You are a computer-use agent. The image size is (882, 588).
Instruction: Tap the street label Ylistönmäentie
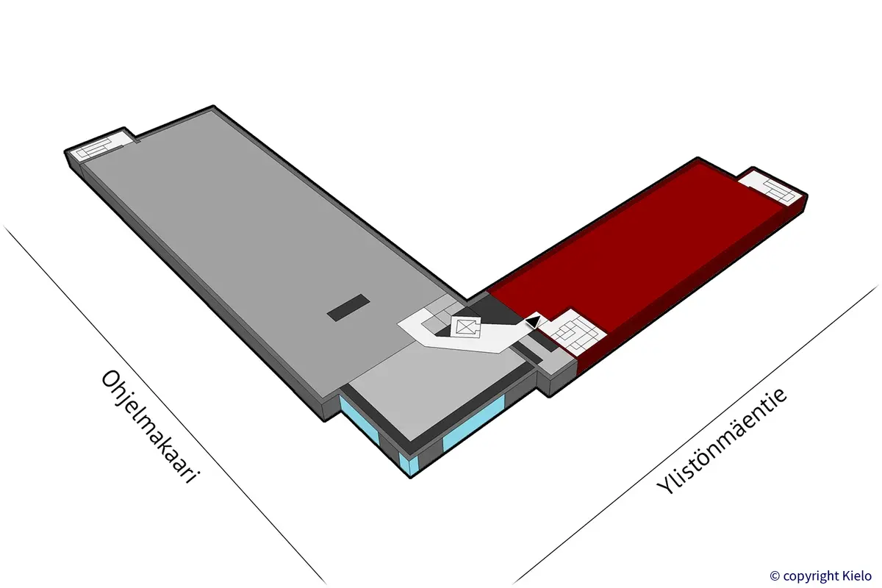pyautogui.click(x=722, y=442)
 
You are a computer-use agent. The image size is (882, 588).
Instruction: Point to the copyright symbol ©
pyautogui.click(x=775, y=576)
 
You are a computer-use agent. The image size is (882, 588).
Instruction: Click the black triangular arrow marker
pyautogui.click(x=533, y=321)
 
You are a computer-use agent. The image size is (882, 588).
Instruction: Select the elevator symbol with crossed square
pyautogui.click(x=466, y=327)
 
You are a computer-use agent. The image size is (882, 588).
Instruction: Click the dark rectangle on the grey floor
pyautogui.click(x=348, y=307)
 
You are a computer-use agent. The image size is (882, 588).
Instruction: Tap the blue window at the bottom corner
pyautogui.click(x=409, y=464)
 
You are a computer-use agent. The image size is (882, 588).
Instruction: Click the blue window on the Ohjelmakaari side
pyautogui.click(x=359, y=421)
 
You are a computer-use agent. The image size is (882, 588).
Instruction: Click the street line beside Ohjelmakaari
pyautogui.click(x=165, y=405)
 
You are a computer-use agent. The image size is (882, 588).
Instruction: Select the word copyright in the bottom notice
pyautogui.click(x=811, y=576)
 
